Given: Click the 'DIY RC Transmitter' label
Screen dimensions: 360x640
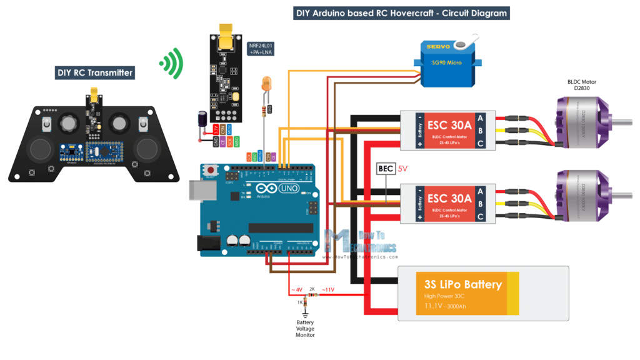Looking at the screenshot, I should pyautogui.click(x=95, y=73).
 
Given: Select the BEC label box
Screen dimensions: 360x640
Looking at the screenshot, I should pyautogui.click(x=385, y=169).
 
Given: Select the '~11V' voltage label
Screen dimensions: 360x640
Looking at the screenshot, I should pyautogui.click(x=327, y=289).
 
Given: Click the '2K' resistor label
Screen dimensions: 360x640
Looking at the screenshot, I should pyautogui.click(x=312, y=289).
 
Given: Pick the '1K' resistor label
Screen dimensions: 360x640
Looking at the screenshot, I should pyautogui.click(x=300, y=302).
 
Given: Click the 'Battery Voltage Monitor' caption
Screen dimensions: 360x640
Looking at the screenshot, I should pyautogui.click(x=306, y=329).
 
